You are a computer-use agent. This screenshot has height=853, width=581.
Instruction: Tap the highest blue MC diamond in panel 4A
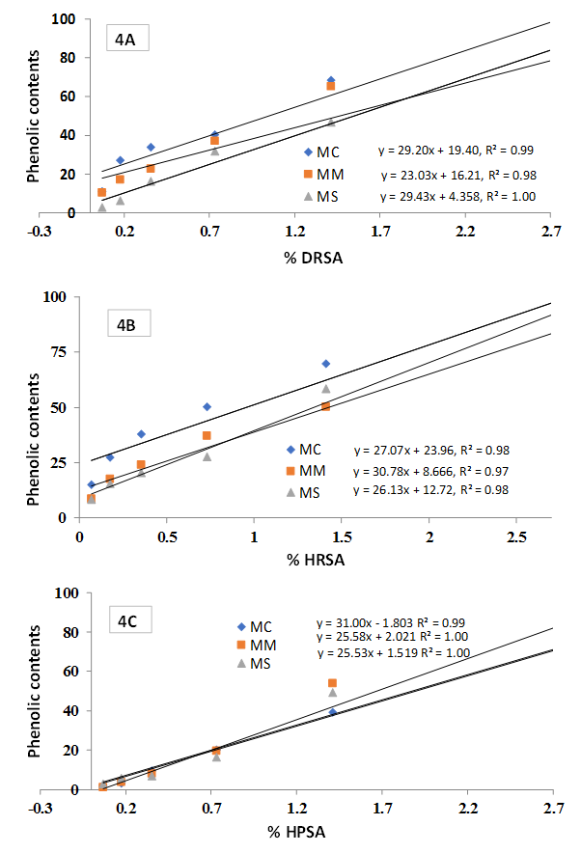coord(331,80)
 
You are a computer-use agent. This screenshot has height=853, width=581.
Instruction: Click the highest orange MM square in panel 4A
coord(331,87)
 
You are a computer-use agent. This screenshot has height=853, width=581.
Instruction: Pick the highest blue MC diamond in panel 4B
coord(326,364)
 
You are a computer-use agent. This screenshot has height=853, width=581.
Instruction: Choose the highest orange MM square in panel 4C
coord(333,683)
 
